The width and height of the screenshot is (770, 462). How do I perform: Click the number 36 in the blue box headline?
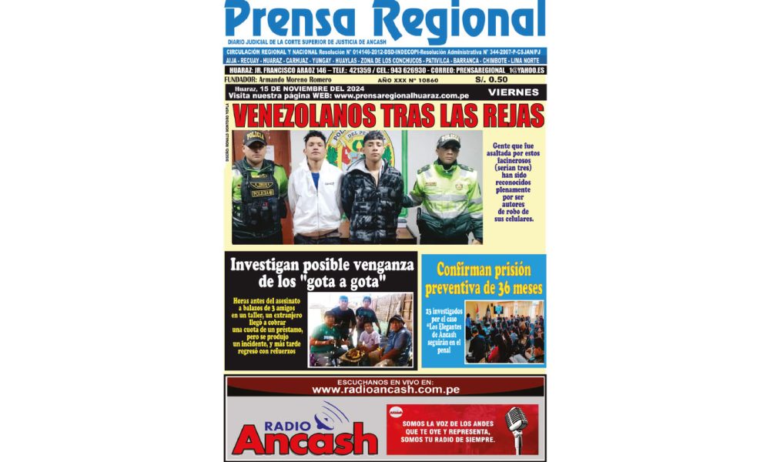coord(498,289)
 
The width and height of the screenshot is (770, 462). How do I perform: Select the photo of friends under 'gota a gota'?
coord(360,330)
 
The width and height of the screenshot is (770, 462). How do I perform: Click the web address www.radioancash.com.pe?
coord(386,390)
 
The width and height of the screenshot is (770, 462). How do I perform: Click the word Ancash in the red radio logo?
coord(305,441)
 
